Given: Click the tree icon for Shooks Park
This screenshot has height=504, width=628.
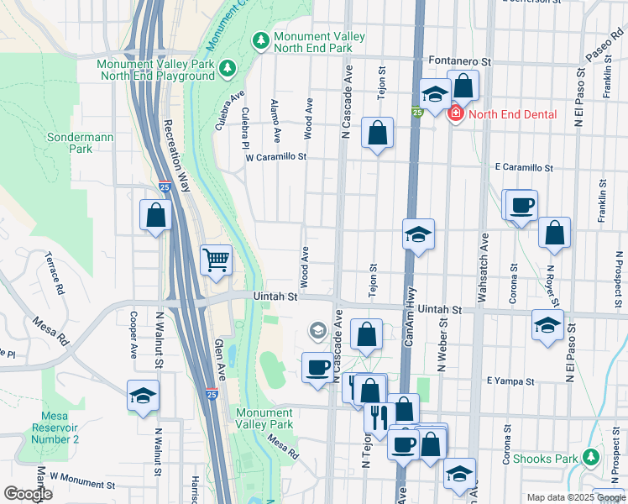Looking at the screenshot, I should tap(591, 458).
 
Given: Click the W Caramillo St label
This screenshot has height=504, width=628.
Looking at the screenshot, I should tap(275, 157).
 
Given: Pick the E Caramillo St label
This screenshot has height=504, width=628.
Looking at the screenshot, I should tap(524, 168).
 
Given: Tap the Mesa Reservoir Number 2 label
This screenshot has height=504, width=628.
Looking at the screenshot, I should tap(60, 428).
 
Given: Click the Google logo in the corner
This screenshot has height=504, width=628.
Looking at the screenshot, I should tap(28, 493).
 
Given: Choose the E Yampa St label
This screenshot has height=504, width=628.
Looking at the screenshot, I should tap(511, 381).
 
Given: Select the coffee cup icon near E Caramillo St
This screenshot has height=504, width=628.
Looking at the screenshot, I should tap(521, 206).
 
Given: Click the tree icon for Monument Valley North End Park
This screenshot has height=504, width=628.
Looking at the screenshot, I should tap(261, 40).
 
